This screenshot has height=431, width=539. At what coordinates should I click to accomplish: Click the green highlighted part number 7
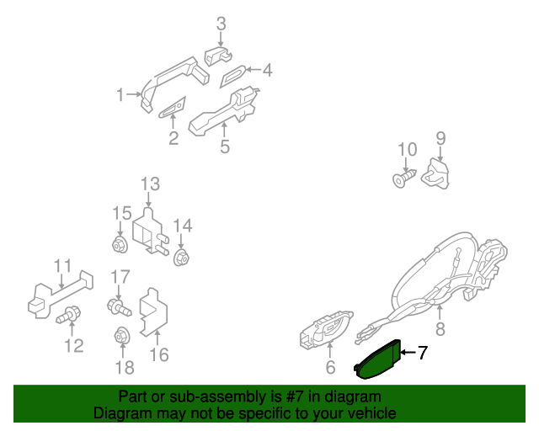tap(377, 360)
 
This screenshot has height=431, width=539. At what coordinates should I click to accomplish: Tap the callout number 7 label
tap(423, 353)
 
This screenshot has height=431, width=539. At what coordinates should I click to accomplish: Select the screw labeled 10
tap(404, 178)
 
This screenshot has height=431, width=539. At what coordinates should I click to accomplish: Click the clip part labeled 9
tap(435, 174)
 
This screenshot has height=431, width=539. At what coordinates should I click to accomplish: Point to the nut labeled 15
tap(120, 245)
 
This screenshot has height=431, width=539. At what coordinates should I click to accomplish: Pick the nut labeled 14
tap(182, 258)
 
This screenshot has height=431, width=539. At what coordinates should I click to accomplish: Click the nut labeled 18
tap(121, 335)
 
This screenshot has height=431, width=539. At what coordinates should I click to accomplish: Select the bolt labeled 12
tap(69, 315)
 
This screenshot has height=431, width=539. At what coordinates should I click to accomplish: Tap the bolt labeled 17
tap(119, 307)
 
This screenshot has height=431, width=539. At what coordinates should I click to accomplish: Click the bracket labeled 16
tap(153, 312)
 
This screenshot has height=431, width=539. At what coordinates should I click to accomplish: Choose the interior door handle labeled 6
tap(325, 330)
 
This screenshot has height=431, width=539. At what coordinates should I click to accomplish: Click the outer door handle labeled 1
tap(174, 83)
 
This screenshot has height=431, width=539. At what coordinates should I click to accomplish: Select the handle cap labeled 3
tap(218, 56)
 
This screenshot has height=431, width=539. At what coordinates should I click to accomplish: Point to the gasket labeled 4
tap(232, 77)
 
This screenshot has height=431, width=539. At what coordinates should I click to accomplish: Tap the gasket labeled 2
tap(172, 108)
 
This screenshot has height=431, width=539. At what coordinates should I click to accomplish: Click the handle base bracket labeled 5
tap(224, 110)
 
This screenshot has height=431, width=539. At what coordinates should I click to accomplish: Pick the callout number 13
tap(151, 184)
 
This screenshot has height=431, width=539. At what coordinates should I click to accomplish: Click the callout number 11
tap(63, 265)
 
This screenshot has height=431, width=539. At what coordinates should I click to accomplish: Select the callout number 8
tap(440, 328)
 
